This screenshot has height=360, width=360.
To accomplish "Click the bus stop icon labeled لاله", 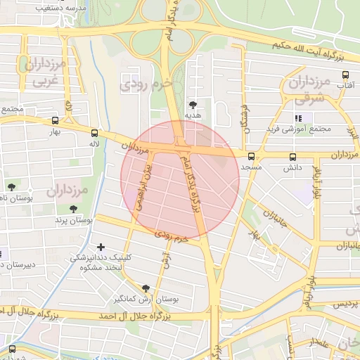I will (95, 131).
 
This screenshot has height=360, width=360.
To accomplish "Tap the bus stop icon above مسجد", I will (251, 156).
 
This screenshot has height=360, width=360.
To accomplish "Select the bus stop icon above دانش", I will (292, 157).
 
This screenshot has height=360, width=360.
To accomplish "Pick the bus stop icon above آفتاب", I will (345, 75).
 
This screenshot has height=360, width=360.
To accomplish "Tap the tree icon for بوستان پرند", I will (74, 209).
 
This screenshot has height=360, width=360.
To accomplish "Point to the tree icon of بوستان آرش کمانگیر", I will (146, 288).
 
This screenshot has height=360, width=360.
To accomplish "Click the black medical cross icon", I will (101, 247).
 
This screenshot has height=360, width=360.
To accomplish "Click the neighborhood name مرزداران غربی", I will (46, 72).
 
